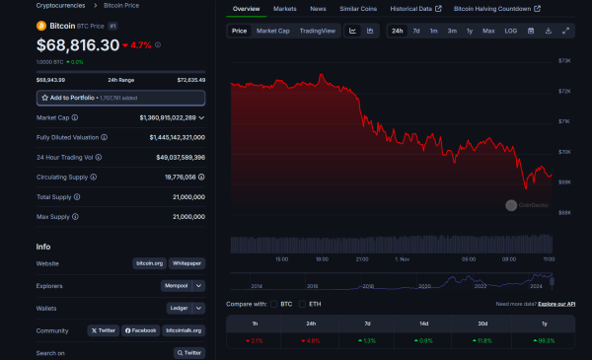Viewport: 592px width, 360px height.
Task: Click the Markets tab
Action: [284, 8]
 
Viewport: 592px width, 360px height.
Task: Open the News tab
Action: [318, 8]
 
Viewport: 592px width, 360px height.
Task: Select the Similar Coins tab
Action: [357, 8]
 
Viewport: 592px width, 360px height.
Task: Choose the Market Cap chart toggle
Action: [272, 31]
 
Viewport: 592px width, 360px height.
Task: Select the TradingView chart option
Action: [317, 31]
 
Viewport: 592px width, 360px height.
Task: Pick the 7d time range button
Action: [416, 31]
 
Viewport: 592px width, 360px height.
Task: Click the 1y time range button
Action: [469, 31]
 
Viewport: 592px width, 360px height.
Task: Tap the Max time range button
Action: [488, 31]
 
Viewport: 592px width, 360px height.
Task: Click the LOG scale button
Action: [510, 31]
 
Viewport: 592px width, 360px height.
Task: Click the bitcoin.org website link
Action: [149, 263]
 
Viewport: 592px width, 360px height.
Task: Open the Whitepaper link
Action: [186, 263]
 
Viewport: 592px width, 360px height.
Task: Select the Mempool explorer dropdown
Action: [183, 286]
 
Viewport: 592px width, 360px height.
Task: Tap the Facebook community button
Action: [140, 330]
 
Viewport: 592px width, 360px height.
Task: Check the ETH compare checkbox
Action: [302, 304]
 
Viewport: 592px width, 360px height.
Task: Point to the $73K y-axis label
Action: [565, 60]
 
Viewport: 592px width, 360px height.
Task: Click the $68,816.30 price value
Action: [77, 45]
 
